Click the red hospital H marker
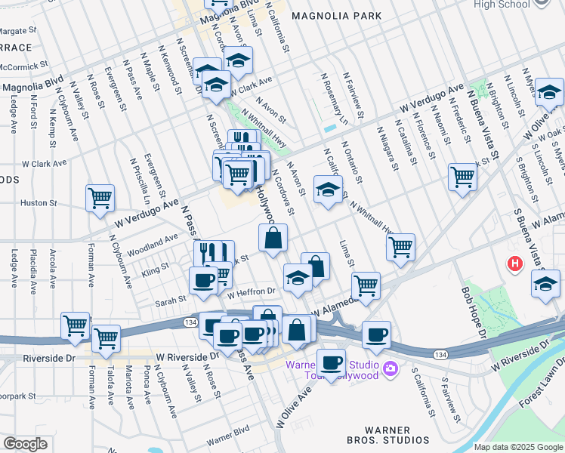(515, 264)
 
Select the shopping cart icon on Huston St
(100, 199)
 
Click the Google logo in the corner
(25, 444)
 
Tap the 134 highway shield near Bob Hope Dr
(440, 354)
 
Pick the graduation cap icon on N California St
(328, 190)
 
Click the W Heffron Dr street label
(251, 291)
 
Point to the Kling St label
(155, 268)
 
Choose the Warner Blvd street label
(227, 437)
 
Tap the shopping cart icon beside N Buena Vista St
(462, 177)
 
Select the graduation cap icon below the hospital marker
(545, 284)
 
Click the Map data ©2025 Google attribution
(518, 447)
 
